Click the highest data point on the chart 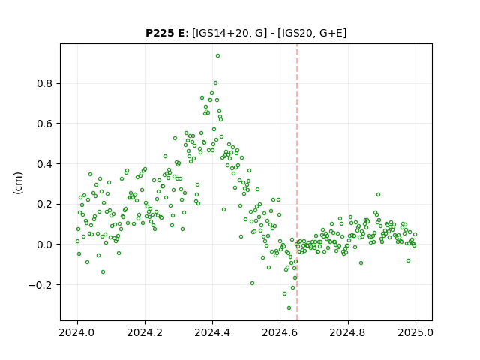point(217,56)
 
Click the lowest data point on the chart point(289,308)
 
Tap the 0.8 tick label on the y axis point(44,83)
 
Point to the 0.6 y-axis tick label point(44,124)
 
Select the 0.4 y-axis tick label point(44,164)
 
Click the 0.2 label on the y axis point(44,204)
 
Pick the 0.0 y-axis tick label point(44,244)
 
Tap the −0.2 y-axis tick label point(40,285)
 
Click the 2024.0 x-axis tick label point(77,332)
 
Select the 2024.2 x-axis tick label point(145,332)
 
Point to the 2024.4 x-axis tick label point(212,332)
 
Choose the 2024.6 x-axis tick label point(280,332)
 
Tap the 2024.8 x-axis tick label point(348,332)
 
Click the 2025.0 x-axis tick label point(415,332)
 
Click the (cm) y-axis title point(18,183)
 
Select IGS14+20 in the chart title point(220,33)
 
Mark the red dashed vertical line point(297,182)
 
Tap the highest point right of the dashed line point(378,195)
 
